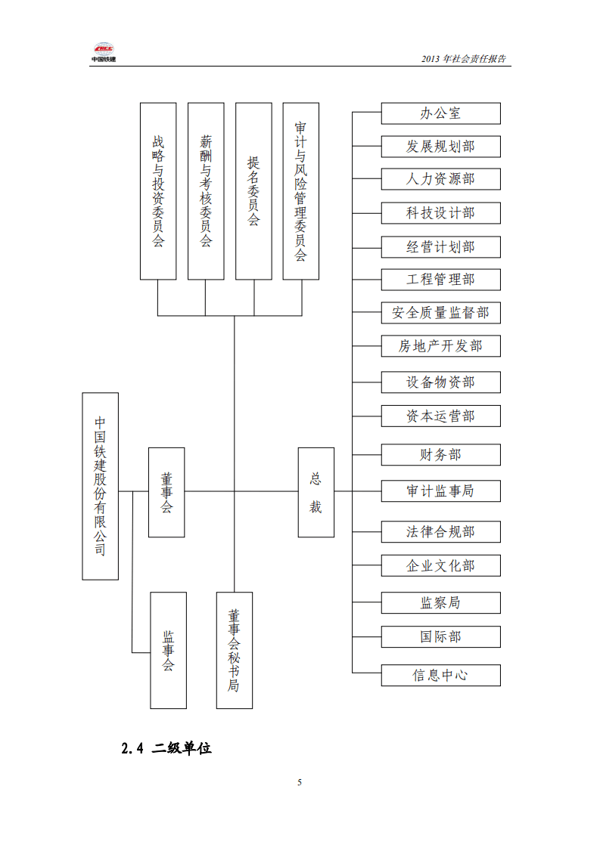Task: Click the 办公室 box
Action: tap(440, 113)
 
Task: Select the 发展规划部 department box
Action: tap(440, 146)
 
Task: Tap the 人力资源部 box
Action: tap(440, 179)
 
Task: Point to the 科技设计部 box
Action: tap(440, 213)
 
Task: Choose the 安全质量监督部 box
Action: tap(440, 313)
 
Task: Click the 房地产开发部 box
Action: tap(440, 346)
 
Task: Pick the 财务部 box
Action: tap(440, 455)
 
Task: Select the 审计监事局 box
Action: tap(440, 491)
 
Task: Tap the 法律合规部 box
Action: tap(440, 532)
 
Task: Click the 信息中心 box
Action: tap(440, 675)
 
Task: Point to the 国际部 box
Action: tap(440, 637)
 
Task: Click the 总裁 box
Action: tap(316, 492)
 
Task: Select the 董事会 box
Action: tap(166, 492)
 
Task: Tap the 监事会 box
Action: tap(168, 650)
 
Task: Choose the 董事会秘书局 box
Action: tap(234, 650)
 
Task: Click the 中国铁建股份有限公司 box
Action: tap(100, 486)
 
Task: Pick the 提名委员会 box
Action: tap(253, 191)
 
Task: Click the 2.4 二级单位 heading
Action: tap(166, 748)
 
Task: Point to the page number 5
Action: tap(300, 782)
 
